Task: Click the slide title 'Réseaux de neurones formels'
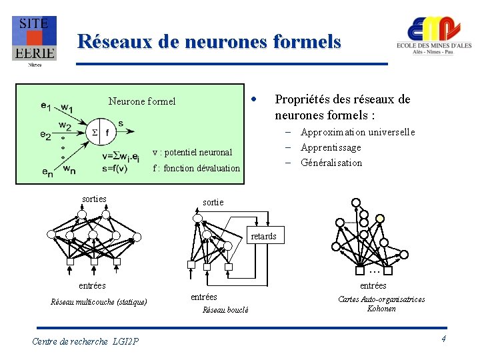[209, 42]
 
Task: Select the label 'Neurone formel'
[142, 101]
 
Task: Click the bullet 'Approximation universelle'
[357, 132]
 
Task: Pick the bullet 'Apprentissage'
[331, 147]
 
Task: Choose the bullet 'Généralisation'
[331, 163]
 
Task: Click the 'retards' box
[263, 236]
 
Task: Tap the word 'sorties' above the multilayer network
[94, 199]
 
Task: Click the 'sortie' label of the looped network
[213, 202]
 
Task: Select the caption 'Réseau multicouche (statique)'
[99, 302]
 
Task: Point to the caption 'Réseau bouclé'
[225, 309]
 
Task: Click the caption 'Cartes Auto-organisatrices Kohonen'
[381, 304]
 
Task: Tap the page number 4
[443, 340]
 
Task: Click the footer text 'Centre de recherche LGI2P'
[85, 341]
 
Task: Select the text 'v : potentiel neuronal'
[193, 152]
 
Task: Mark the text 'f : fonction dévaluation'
[196, 168]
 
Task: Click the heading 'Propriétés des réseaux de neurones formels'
[342, 107]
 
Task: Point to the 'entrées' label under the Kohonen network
[373, 285]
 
